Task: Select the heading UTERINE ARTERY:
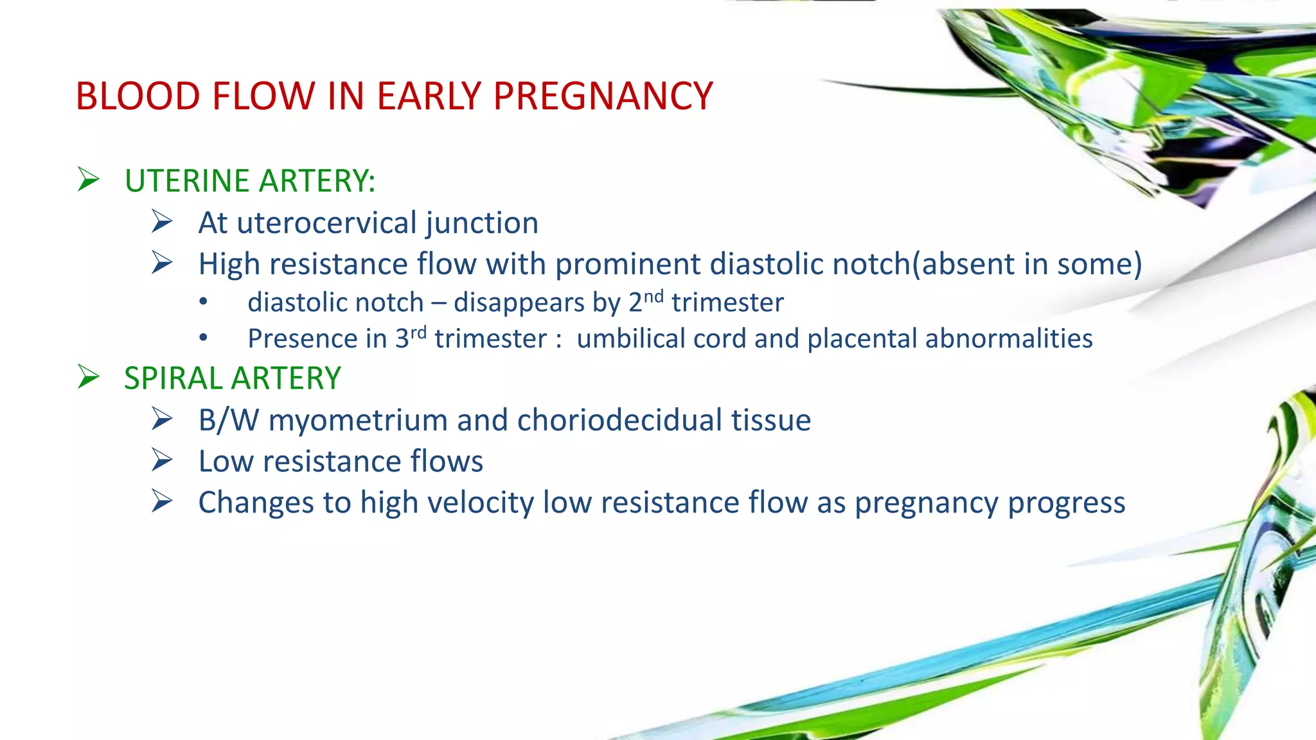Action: pos(249,181)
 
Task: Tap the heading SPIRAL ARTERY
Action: pos(232,378)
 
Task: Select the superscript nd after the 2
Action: pos(653,296)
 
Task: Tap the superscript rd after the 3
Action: pos(418,332)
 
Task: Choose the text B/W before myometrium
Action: pos(228,420)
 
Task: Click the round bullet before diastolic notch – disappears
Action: pos(204,302)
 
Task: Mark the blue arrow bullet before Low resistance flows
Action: pos(162,461)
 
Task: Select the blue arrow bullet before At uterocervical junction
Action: pos(162,222)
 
